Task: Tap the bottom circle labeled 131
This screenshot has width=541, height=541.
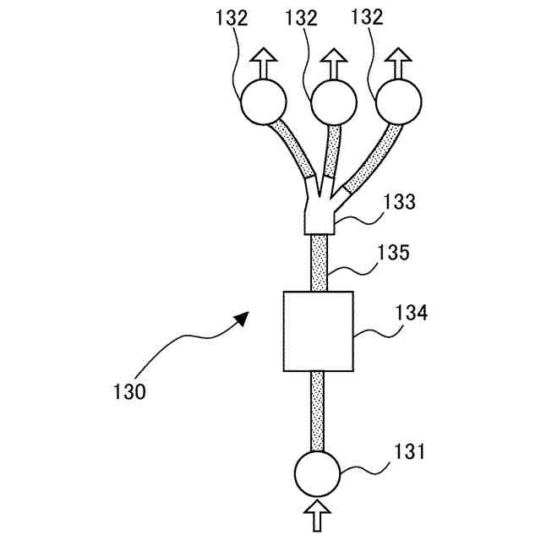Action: click(x=317, y=472)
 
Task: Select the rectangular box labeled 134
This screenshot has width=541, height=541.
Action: click(x=317, y=331)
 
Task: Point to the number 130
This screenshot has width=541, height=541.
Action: click(x=129, y=391)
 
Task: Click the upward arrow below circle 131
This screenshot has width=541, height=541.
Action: click(x=317, y=515)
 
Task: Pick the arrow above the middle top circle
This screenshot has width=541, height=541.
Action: click(x=334, y=62)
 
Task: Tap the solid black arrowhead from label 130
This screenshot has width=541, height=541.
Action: click(x=242, y=318)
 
